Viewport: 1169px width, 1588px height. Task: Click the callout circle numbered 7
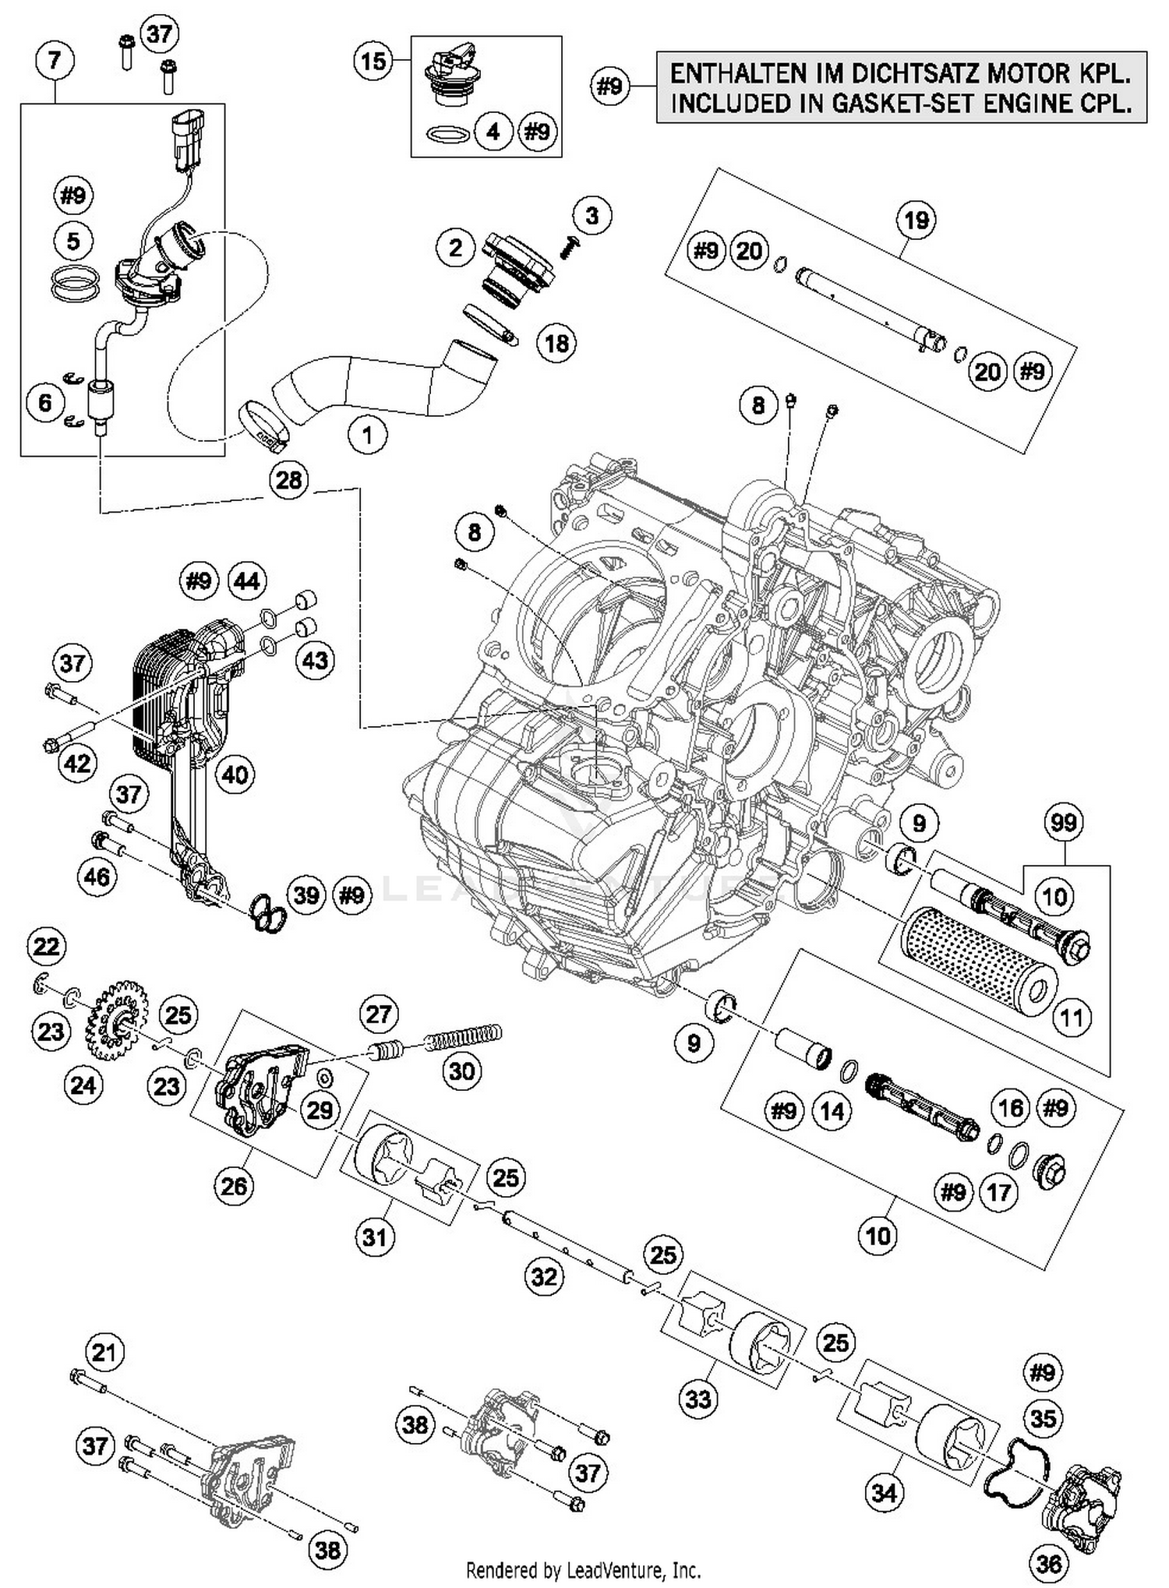coord(54,60)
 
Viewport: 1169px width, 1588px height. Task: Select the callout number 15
coord(374,60)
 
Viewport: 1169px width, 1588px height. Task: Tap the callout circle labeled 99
coord(1063,823)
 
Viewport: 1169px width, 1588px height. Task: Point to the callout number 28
coord(288,479)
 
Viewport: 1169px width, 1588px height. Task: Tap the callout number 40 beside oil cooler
coord(235,774)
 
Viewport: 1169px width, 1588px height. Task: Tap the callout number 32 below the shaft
coord(543,1276)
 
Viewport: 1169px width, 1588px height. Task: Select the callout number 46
coord(97,877)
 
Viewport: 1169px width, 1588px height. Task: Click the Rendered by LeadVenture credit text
coord(583,1570)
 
